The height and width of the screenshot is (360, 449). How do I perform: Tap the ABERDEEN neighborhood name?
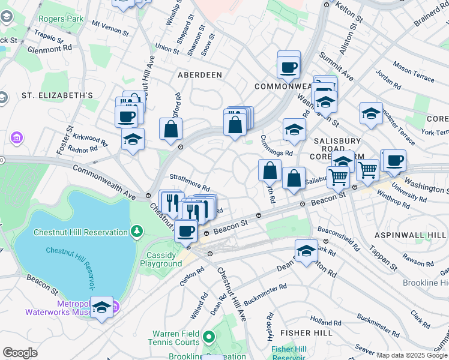click(200, 74)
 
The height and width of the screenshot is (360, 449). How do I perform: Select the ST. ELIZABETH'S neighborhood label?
click(58, 95)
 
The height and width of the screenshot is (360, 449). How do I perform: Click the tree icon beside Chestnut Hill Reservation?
click(137, 231)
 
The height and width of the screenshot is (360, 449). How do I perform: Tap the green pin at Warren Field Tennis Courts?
click(208, 338)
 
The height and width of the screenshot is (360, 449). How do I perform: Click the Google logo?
click(20, 352)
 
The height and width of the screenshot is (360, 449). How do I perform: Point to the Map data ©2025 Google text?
click(412, 355)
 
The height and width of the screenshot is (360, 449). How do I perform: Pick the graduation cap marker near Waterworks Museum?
click(101, 308)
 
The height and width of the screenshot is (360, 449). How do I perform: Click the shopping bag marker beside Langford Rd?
click(170, 128)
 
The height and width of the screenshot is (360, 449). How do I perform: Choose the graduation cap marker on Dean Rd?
click(306, 251)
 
